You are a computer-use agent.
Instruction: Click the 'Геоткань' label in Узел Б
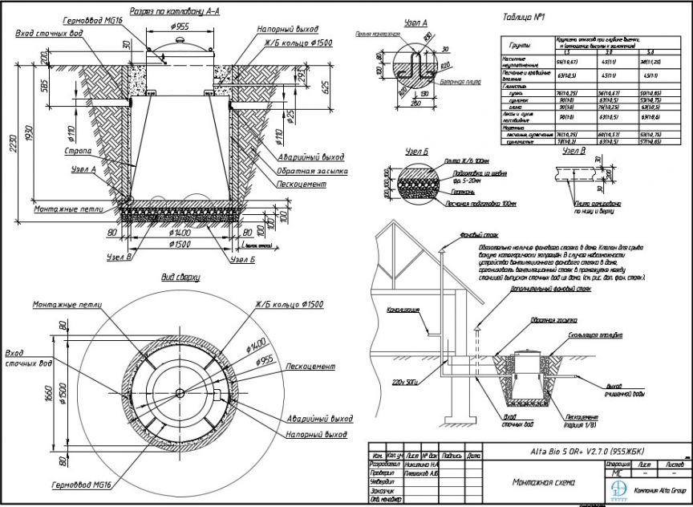tap(459, 193)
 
